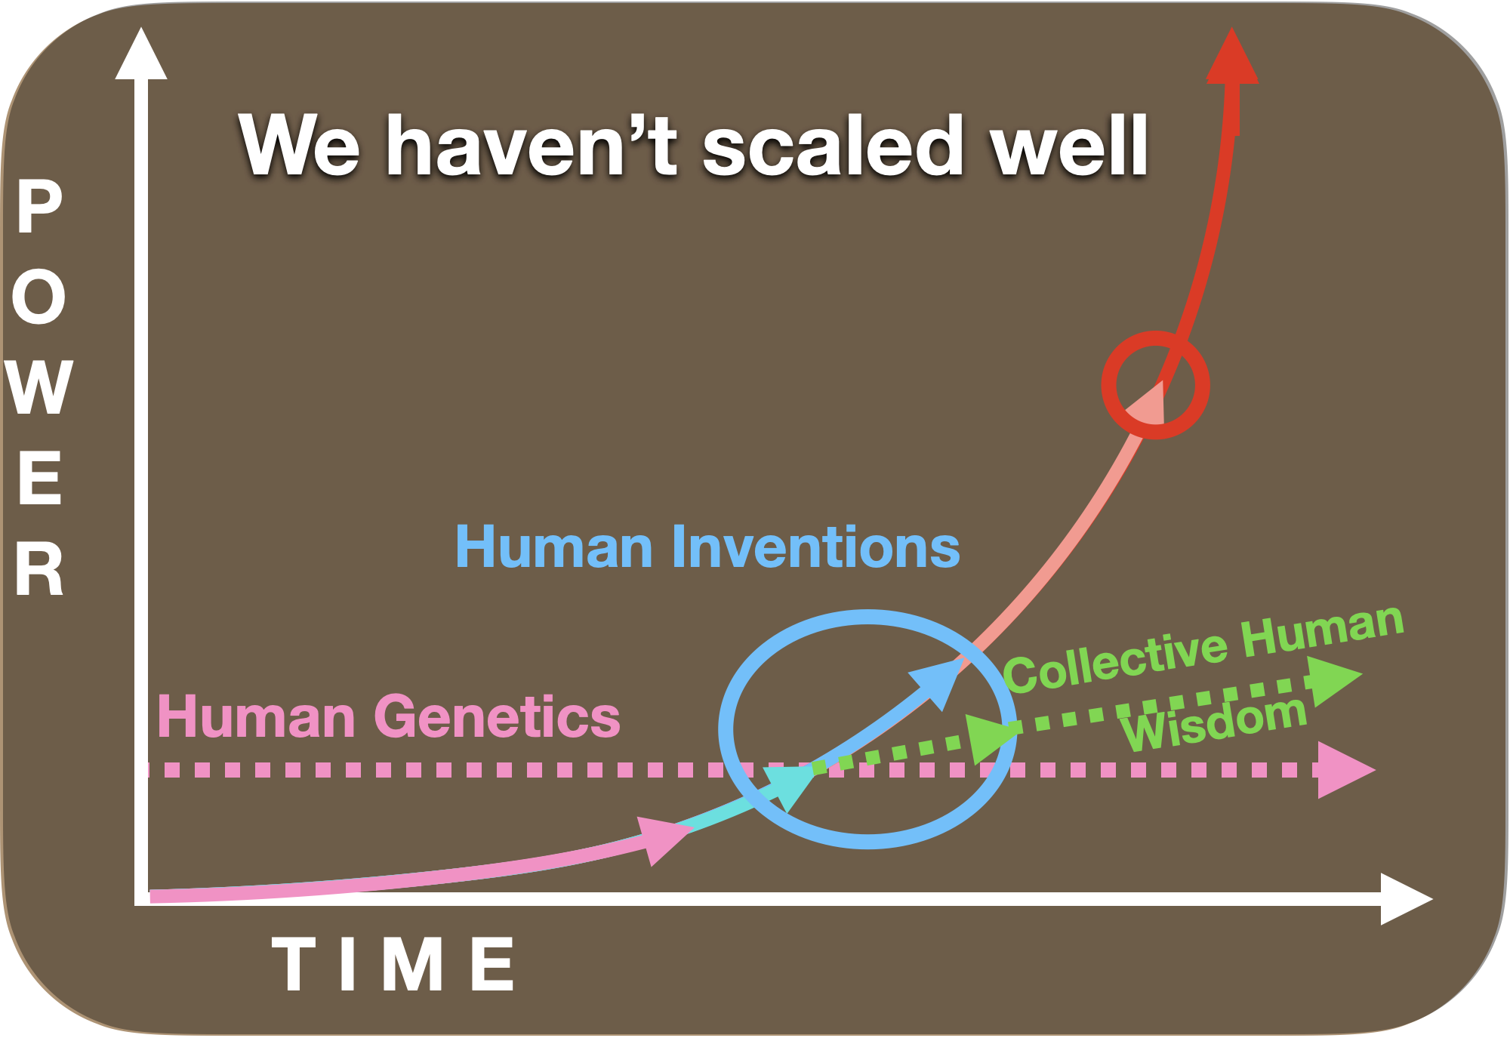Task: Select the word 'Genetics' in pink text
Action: tap(498, 716)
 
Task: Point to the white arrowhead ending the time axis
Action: tap(1407, 898)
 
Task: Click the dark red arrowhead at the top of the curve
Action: tap(1232, 57)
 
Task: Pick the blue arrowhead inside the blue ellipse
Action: tap(936, 683)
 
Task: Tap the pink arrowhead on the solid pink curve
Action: tap(664, 839)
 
